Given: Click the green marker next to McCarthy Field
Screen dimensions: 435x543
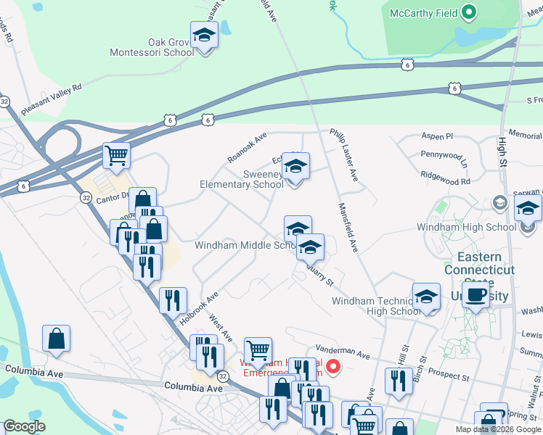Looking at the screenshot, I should (469, 12).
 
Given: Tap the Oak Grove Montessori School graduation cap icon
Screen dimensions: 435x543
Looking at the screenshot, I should (205, 36).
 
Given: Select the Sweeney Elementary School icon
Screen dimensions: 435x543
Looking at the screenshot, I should (295, 168).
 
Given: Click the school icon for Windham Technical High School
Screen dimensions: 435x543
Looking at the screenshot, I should (426, 298).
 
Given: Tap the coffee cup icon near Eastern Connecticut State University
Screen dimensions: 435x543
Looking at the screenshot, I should (476, 296).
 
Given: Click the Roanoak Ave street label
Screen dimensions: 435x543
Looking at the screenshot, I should (248, 146).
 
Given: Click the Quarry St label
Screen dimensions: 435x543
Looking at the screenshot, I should (319, 274).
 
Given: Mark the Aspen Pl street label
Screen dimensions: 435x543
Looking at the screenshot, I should (438, 136).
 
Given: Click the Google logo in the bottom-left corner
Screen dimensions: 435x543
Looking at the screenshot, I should (25, 426).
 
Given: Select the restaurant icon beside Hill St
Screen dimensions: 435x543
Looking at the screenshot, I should (398, 380).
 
